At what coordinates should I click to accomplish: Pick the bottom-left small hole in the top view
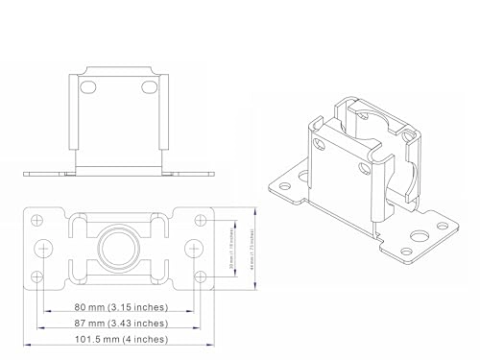(x=37, y=276)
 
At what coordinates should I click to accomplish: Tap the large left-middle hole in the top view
(x=44, y=249)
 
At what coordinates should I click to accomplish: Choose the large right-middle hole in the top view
(x=195, y=249)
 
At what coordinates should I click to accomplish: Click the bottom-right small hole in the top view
(x=202, y=276)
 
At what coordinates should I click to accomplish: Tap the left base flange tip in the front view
(x=26, y=174)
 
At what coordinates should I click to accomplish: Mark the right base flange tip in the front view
(x=212, y=174)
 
